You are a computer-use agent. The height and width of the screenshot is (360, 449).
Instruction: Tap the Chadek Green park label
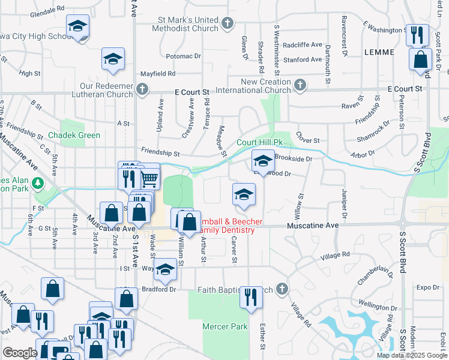(x=74, y=136)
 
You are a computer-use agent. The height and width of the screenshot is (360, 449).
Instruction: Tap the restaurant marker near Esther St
(x=250, y=297)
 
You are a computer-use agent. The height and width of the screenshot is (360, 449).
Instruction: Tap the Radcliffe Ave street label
(x=303, y=45)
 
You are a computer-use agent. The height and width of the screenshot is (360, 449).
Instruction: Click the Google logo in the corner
(x=20, y=353)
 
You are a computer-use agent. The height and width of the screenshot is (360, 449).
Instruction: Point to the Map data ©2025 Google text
(x=411, y=355)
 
